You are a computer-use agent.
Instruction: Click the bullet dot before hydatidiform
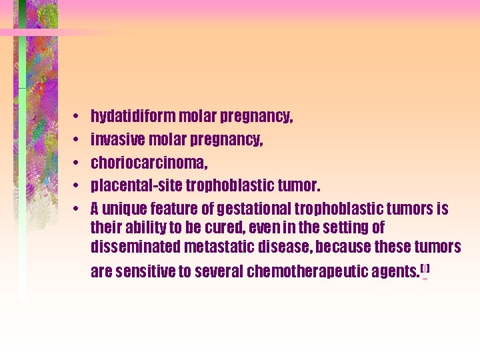[x=77, y=117]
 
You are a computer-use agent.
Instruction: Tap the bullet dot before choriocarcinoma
[x=77, y=163]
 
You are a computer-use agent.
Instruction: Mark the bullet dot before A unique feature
[x=77, y=208]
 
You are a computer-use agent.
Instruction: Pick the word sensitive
[x=142, y=272]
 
